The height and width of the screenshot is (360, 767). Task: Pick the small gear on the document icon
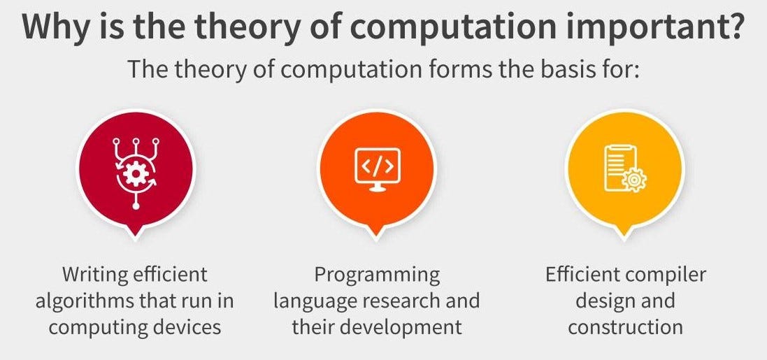pyautogui.click(x=635, y=180)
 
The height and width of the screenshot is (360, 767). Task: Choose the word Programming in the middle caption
pyautogui.click(x=377, y=275)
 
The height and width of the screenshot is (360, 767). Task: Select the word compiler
pyautogui.click(x=666, y=275)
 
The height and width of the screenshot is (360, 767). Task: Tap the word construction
pyautogui.click(x=625, y=326)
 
